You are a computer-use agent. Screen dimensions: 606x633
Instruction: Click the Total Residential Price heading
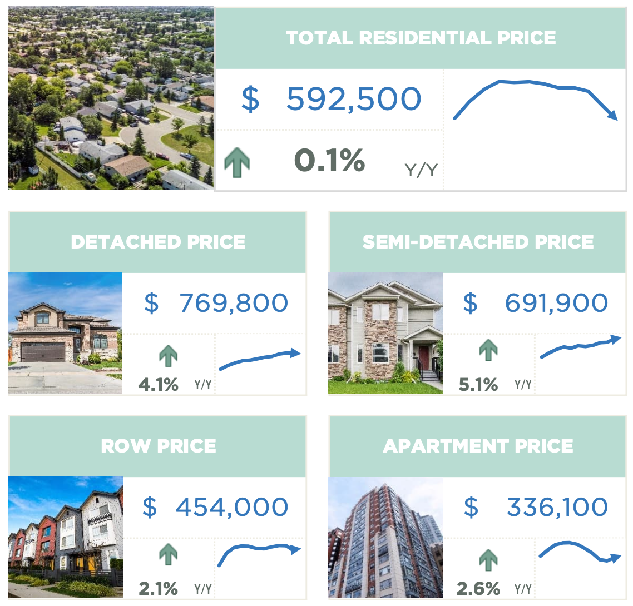[421, 38]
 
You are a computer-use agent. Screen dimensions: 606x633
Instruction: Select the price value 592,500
[353, 99]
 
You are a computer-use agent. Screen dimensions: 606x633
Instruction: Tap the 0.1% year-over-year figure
[329, 161]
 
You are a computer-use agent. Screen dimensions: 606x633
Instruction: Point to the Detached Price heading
[158, 242]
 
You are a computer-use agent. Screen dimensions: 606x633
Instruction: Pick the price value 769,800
[233, 303]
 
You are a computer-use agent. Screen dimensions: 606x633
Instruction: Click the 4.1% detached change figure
[158, 384]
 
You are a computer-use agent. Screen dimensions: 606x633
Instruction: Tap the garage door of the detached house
[43, 351]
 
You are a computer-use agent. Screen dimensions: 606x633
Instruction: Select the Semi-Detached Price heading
[478, 242]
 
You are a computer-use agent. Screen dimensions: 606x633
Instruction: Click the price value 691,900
[556, 303]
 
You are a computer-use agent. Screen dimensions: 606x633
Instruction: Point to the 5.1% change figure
[478, 384]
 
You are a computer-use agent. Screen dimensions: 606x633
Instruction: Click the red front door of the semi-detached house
[424, 359]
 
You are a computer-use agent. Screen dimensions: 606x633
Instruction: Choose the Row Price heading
[158, 446]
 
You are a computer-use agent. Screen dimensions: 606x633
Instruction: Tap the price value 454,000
[231, 507]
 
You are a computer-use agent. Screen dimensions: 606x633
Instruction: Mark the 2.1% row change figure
[158, 588]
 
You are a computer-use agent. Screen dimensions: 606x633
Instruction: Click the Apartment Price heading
[478, 446]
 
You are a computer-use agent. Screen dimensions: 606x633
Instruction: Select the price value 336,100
[557, 507]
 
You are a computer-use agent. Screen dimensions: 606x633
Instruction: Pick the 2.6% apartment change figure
[478, 588]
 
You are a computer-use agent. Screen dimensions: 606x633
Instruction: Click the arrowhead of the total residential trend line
[613, 115]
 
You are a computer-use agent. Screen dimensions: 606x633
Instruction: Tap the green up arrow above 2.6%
[488, 560]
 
